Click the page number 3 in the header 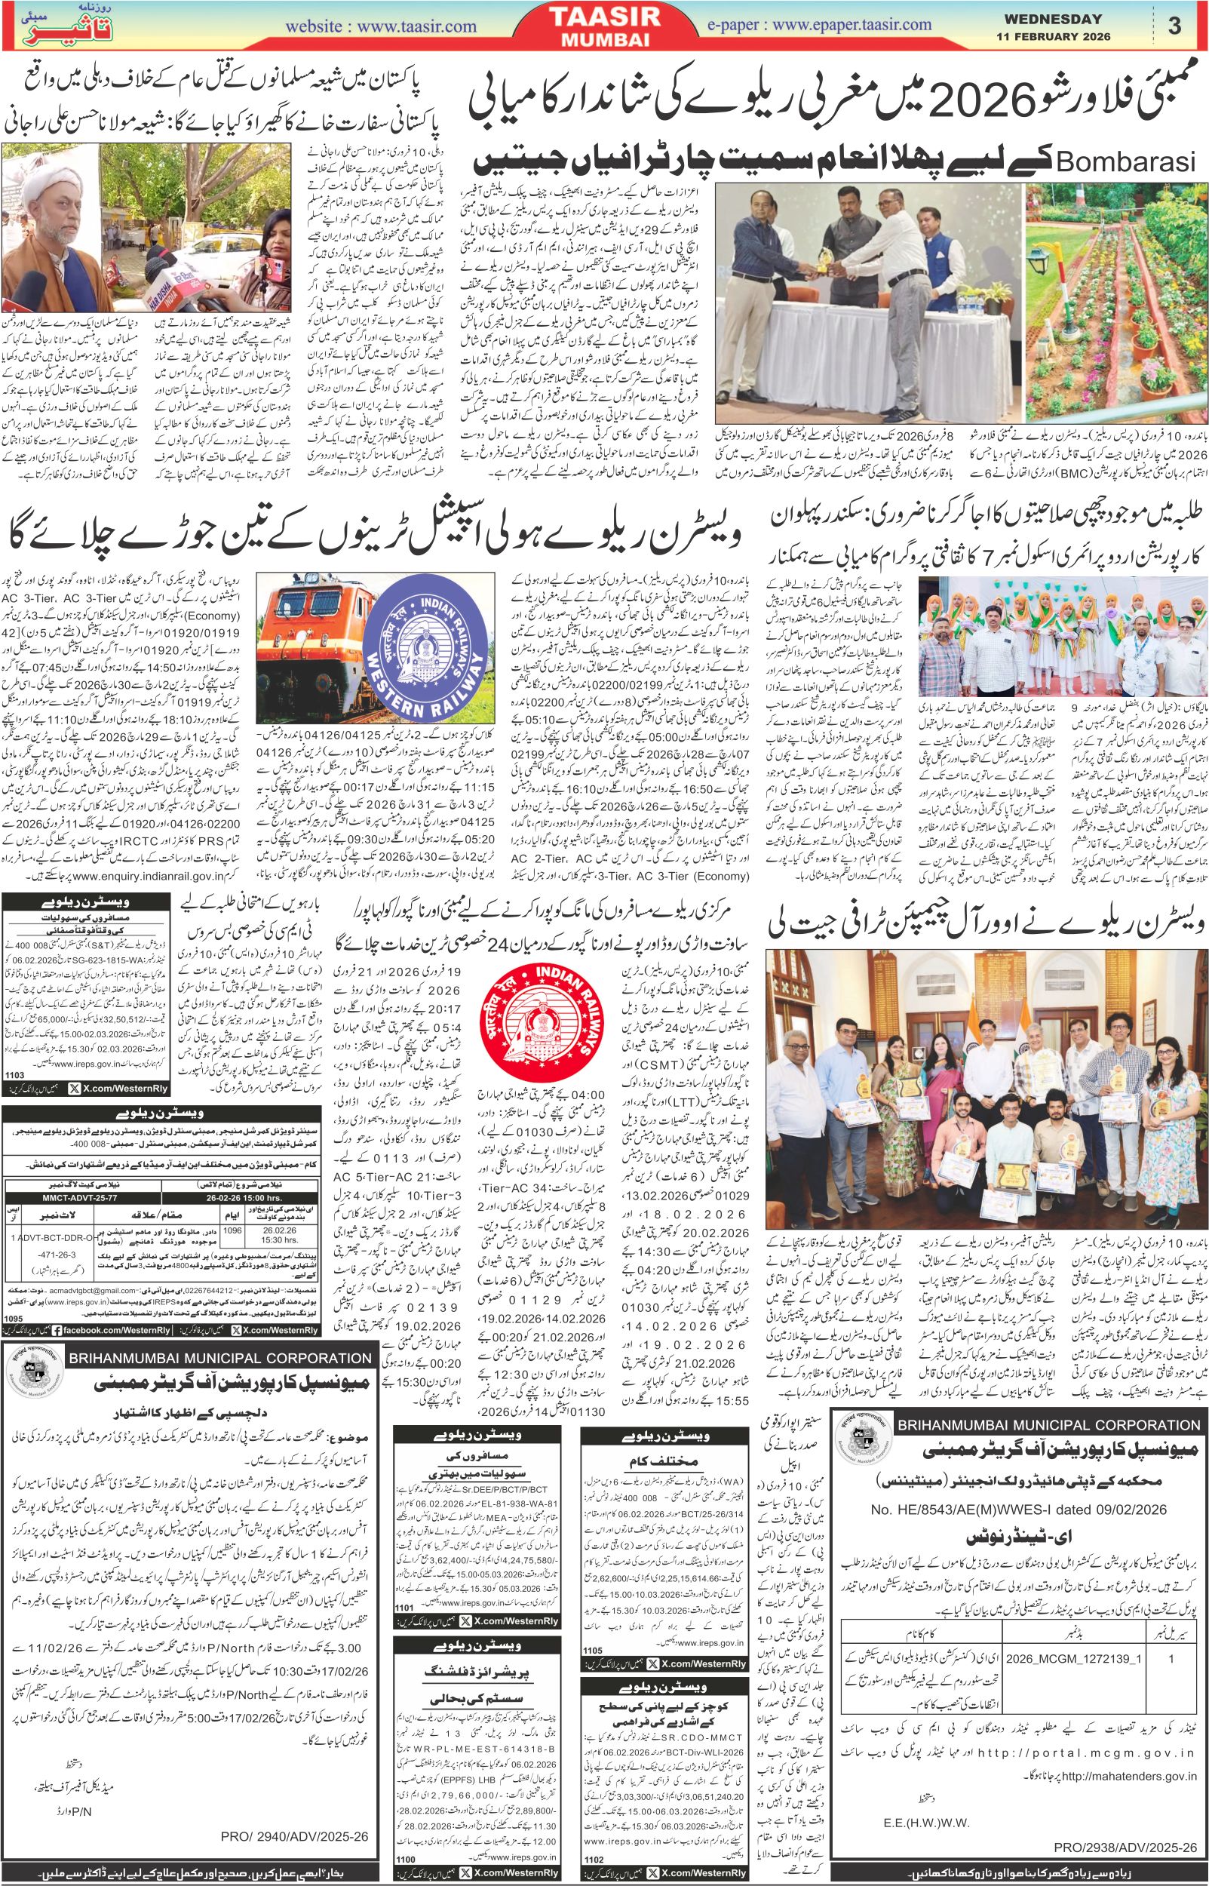click(1174, 24)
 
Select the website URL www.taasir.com click(382, 26)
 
